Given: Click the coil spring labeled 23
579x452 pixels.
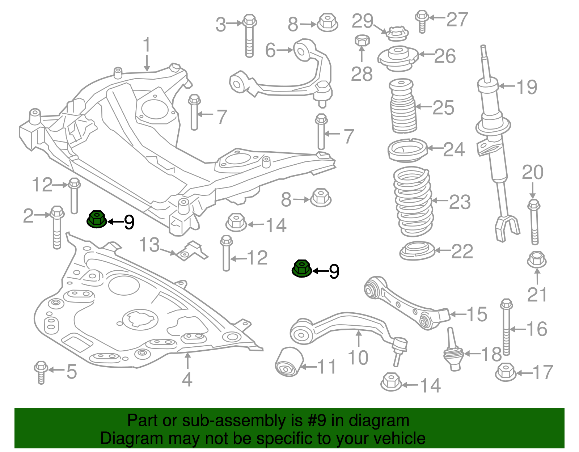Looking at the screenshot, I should pos(413,201).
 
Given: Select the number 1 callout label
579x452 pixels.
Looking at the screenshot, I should pos(147,46).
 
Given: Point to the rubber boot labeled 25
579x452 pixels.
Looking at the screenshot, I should pos(402,106).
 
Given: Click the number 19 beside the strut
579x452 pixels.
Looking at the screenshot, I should pos(527,87).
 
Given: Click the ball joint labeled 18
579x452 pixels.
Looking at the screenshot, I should pos(453,351).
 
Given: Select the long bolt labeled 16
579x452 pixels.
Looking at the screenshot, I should pos(506,327).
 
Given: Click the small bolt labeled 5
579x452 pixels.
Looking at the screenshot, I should pos(41,372).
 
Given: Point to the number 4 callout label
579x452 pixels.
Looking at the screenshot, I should pos(187,380).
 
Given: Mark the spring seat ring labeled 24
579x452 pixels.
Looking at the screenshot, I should pos(407,150).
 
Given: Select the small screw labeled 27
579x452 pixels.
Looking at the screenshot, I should pos(422,21).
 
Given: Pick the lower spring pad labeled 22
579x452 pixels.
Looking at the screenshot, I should pos(417,250).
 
